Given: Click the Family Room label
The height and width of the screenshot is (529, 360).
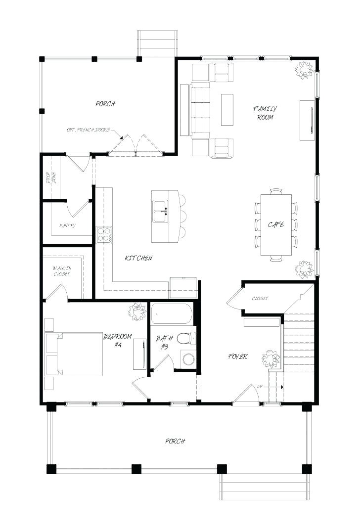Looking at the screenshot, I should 265,113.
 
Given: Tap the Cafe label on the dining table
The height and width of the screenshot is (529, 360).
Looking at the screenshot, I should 276,224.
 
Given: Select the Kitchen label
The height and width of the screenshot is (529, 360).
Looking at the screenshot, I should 138,258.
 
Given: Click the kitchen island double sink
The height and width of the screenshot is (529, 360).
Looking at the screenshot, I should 161,211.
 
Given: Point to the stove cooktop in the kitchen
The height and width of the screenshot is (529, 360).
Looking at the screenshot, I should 104,234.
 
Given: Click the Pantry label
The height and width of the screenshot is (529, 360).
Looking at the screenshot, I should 67,225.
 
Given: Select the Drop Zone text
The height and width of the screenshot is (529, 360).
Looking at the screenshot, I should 51,177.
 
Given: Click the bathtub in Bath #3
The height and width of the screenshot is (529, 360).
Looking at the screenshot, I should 171,313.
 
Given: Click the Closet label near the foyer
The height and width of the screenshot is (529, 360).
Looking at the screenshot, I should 260,299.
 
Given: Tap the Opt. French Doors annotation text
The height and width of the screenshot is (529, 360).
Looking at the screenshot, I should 88,130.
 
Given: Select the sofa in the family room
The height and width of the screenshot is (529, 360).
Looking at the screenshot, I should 200,110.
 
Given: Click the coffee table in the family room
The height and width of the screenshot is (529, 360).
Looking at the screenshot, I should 227,110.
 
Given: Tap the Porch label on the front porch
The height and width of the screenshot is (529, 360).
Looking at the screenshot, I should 175,441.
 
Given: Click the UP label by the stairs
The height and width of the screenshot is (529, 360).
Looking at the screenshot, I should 260,387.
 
